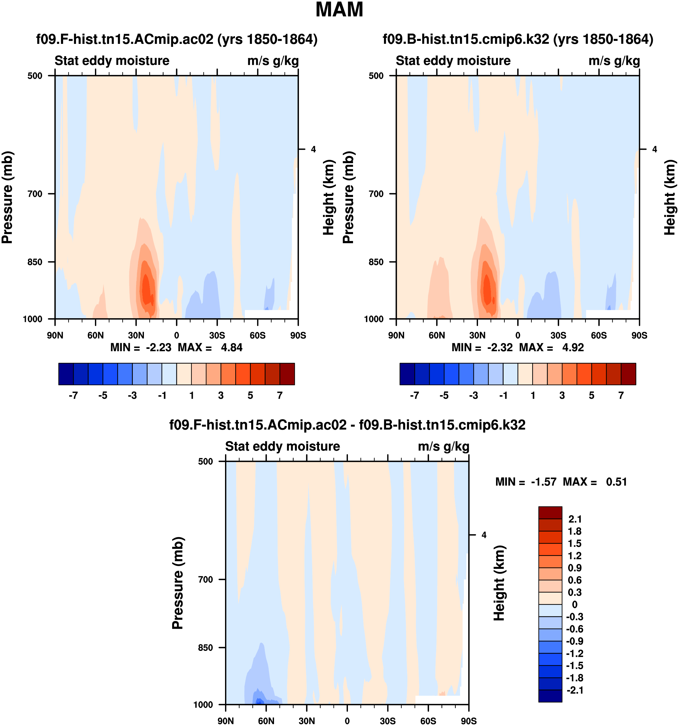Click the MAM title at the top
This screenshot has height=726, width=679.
[339, 10]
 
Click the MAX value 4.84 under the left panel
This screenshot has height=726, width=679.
[231, 347]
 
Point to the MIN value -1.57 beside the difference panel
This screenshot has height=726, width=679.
[544, 482]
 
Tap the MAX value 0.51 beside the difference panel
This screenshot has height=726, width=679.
[616, 482]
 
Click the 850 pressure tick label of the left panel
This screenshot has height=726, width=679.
[35, 262]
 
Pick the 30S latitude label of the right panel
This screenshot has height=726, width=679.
[558, 335]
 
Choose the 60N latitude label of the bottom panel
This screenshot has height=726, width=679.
[266, 721]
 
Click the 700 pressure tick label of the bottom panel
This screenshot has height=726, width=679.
[206, 580]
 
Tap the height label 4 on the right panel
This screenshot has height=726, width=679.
[655, 149]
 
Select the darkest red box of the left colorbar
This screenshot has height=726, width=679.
[287, 374]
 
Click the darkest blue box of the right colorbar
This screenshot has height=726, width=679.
[407, 374]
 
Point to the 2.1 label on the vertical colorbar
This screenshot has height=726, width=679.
[575, 519]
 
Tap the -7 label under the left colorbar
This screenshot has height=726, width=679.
[73, 395]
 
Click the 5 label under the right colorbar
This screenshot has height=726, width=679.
[591, 395]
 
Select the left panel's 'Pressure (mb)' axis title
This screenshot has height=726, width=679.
[7, 197]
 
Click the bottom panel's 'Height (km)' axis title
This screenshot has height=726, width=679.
[499, 583]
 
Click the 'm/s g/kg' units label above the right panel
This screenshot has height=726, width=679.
[614, 61]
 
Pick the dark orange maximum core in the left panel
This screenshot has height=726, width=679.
[147, 290]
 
